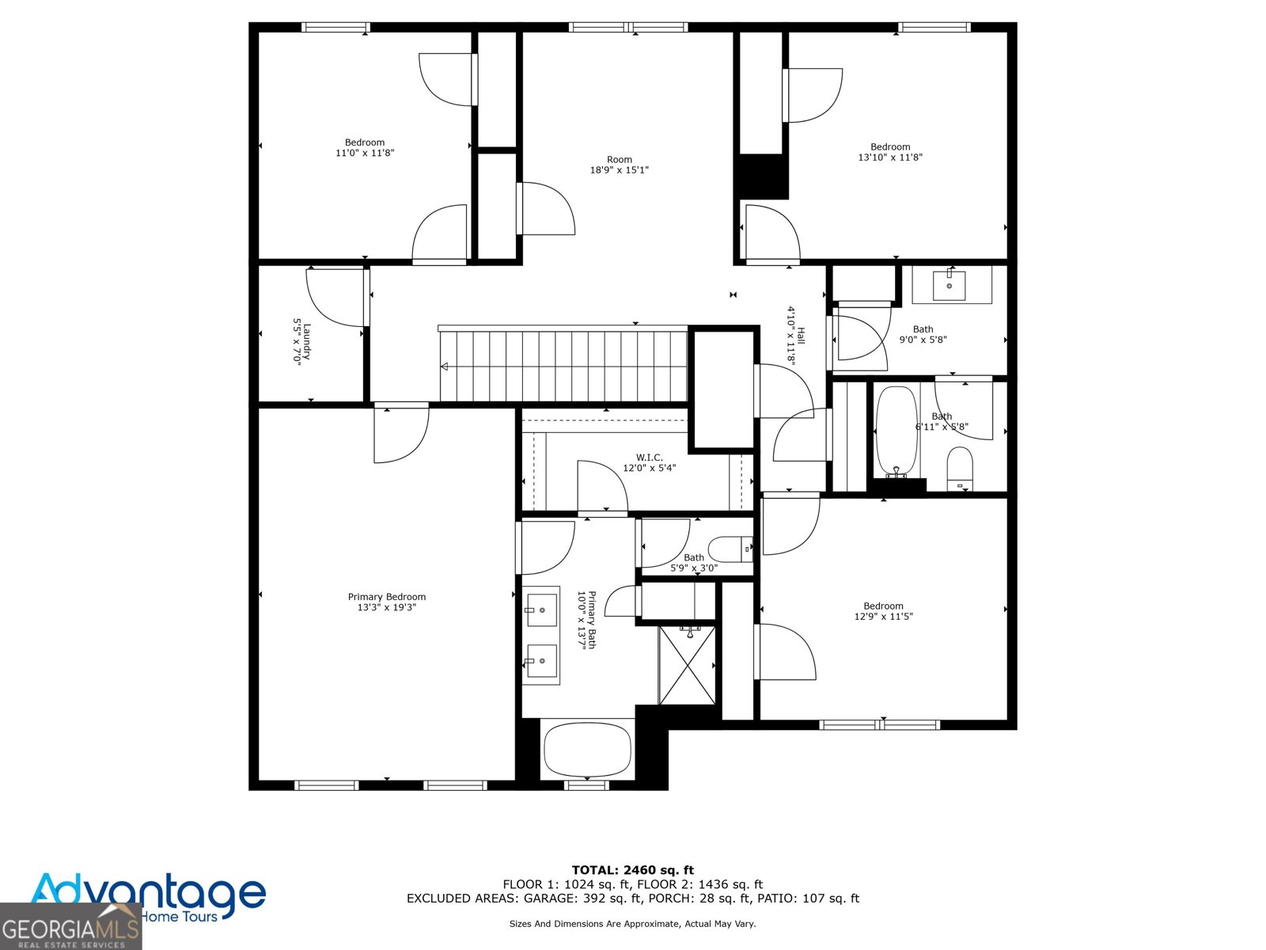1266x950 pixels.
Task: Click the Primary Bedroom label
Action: pyautogui.click(x=387, y=597)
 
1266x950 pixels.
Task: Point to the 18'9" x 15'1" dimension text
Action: pyautogui.click(x=619, y=170)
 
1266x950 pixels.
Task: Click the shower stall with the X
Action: pyautogui.click(x=688, y=666)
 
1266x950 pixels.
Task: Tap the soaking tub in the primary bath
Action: pyautogui.click(x=587, y=750)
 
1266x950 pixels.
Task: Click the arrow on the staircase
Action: pyautogui.click(x=445, y=367)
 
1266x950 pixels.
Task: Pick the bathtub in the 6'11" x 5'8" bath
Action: pyautogui.click(x=896, y=431)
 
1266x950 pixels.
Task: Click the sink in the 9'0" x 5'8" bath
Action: pyautogui.click(x=949, y=285)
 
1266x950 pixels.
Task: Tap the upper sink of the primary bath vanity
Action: pyautogui.click(x=541, y=610)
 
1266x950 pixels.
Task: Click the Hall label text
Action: pyautogui.click(x=801, y=336)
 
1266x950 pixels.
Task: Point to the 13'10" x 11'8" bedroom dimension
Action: pyautogui.click(x=890, y=158)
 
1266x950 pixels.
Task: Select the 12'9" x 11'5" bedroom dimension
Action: pyautogui.click(x=883, y=617)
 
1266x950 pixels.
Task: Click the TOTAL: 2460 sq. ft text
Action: pyautogui.click(x=632, y=870)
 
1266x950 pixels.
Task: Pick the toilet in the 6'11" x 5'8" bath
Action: pyautogui.click(x=960, y=468)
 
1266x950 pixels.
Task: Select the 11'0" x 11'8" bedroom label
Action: pyautogui.click(x=365, y=148)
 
